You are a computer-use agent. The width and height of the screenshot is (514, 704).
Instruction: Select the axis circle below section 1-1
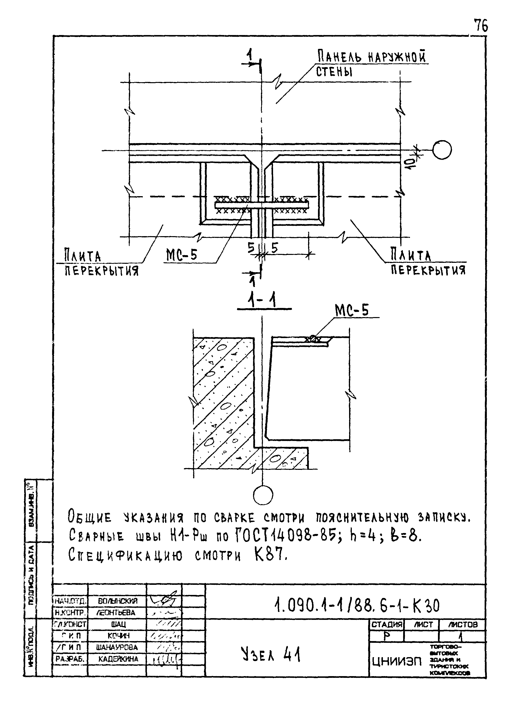coord(263,495)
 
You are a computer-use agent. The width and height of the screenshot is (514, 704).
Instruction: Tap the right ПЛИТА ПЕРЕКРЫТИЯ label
coord(428,263)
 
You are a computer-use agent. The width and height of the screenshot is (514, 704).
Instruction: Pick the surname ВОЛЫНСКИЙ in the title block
coord(118,601)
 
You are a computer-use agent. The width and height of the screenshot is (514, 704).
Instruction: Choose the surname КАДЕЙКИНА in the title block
coord(118,659)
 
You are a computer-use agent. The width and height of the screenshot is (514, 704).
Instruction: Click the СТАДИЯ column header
coord(387,624)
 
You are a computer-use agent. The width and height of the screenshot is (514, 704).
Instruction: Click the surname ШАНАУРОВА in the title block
coord(117,647)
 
